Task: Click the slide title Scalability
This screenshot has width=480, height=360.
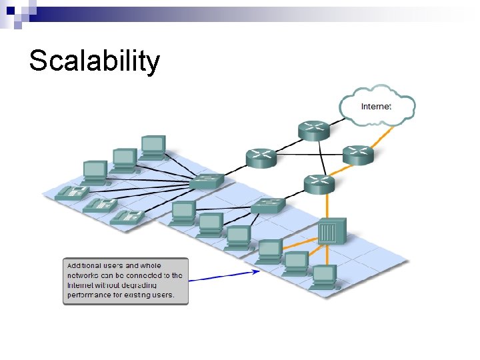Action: (x=94, y=61)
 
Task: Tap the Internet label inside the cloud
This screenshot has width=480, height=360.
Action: (x=376, y=106)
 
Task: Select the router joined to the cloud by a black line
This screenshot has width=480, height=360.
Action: (x=313, y=130)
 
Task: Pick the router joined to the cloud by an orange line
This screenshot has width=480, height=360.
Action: (x=359, y=155)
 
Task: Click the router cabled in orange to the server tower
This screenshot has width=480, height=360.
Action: (x=319, y=183)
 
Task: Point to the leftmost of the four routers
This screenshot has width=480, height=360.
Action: (x=261, y=158)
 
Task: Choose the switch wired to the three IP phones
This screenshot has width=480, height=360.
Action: (x=207, y=181)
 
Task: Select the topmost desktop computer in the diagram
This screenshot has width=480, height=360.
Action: (x=153, y=146)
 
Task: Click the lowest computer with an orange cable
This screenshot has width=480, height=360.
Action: (x=323, y=275)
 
